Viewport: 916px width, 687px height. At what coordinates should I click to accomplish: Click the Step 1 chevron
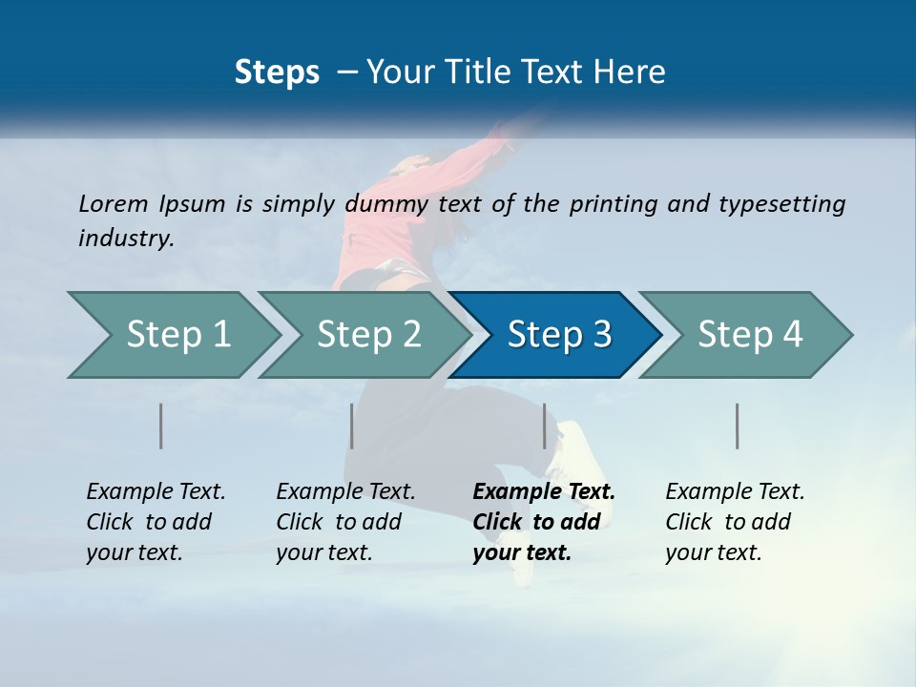coord(172,335)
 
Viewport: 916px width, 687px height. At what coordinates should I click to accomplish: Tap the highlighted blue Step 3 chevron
coord(556,335)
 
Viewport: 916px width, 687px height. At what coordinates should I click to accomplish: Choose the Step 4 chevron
coord(747,335)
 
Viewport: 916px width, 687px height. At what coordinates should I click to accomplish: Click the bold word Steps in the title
coord(277,73)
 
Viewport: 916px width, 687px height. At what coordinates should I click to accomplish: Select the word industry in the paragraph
coord(125,239)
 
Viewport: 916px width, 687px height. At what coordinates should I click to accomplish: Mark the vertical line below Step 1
coord(161,426)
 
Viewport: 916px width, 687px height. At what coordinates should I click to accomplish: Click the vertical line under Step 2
coord(352,426)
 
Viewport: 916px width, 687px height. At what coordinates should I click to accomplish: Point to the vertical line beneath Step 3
coord(545,426)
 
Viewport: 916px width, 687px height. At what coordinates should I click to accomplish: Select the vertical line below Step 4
coord(738,426)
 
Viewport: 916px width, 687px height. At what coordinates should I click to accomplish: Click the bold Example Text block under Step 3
coord(544,522)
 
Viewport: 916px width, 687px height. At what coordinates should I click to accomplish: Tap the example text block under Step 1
coord(156,522)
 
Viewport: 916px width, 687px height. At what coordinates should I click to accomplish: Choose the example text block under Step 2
coord(345,522)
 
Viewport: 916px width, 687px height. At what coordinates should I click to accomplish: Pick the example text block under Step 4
coord(735,522)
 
